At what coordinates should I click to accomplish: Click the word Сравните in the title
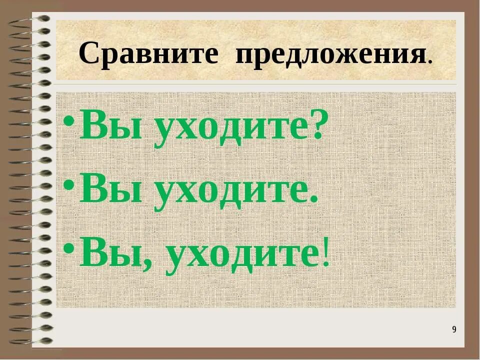pyautogui.click(x=148, y=53)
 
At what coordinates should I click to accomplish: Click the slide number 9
pyautogui.click(x=454, y=329)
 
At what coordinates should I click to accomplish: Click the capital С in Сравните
pyautogui.click(x=88, y=53)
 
